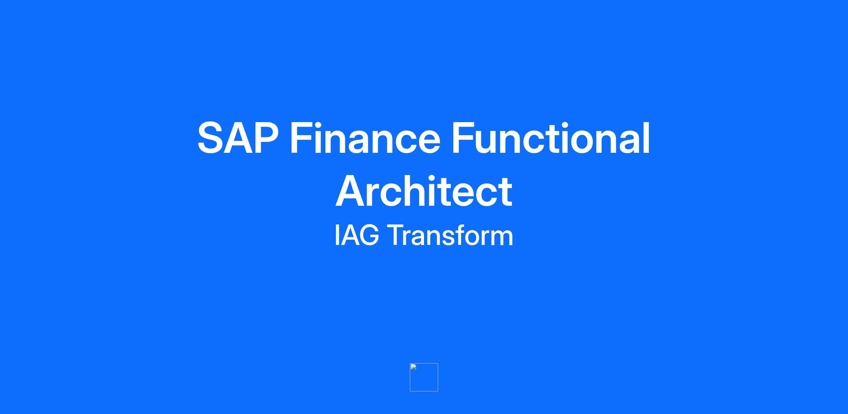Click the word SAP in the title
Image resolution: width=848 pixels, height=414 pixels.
point(238,138)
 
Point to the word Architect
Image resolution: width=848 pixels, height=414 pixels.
point(424,191)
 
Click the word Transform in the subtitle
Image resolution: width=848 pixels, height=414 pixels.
point(450,235)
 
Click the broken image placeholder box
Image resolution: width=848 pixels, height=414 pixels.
point(424,377)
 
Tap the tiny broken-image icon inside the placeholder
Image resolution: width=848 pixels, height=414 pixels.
point(413,367)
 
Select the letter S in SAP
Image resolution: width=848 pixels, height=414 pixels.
point(211,138)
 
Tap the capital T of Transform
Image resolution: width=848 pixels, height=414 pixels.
point(396,235)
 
